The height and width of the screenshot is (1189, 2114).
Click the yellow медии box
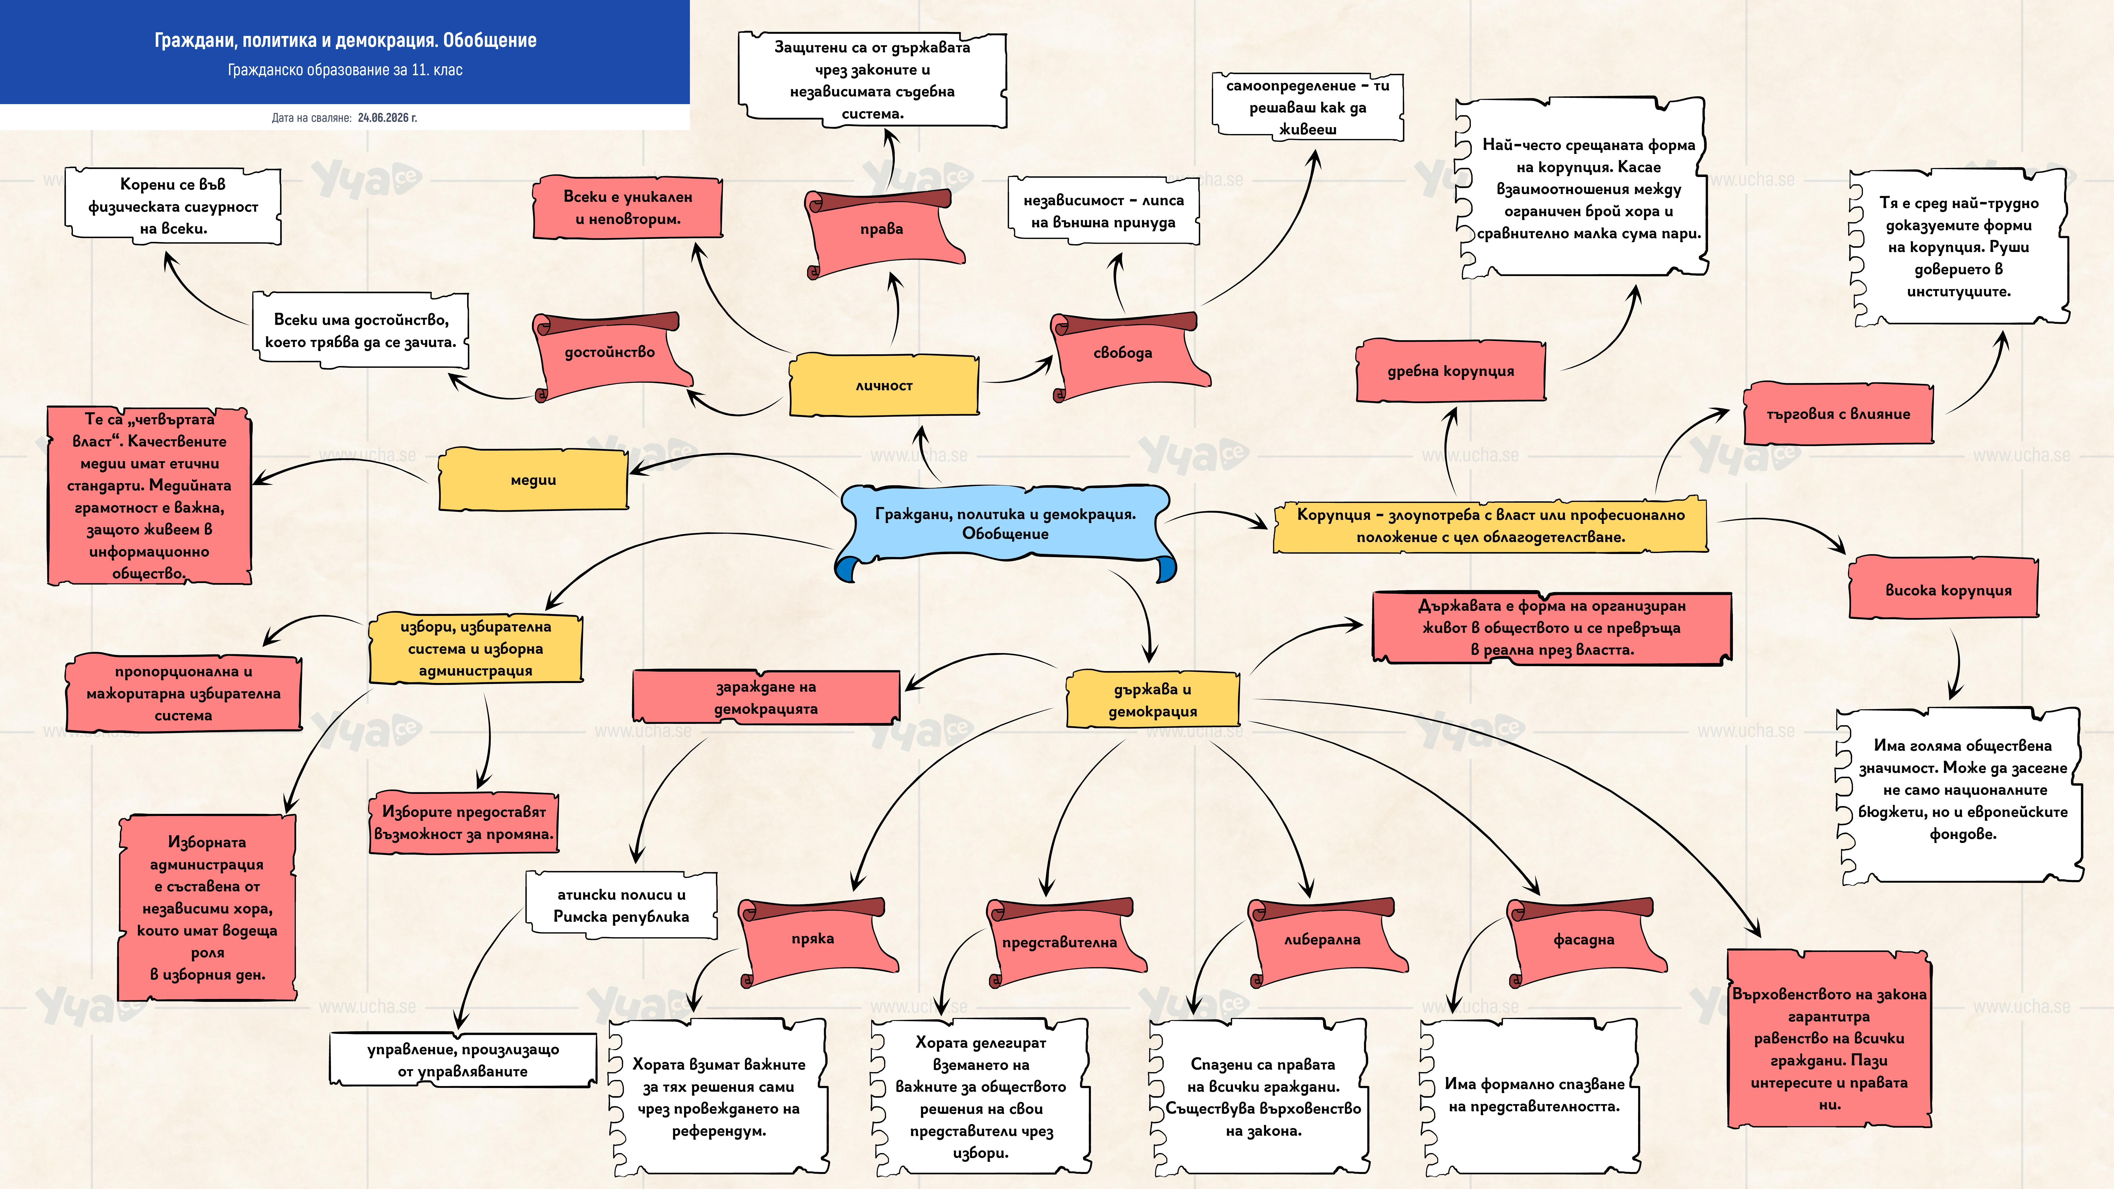[x=533, y=480]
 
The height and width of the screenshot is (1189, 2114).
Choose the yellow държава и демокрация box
[x=1152, y=700]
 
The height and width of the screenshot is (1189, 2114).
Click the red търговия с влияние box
[x=1838, y=414]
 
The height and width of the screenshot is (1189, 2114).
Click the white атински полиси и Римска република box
[x=621, y=905]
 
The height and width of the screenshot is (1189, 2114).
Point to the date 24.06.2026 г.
[x=387, y=117]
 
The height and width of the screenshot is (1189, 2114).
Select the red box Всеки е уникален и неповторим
[x=628, y=208]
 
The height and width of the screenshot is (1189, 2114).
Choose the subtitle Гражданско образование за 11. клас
[x=345, y=70]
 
